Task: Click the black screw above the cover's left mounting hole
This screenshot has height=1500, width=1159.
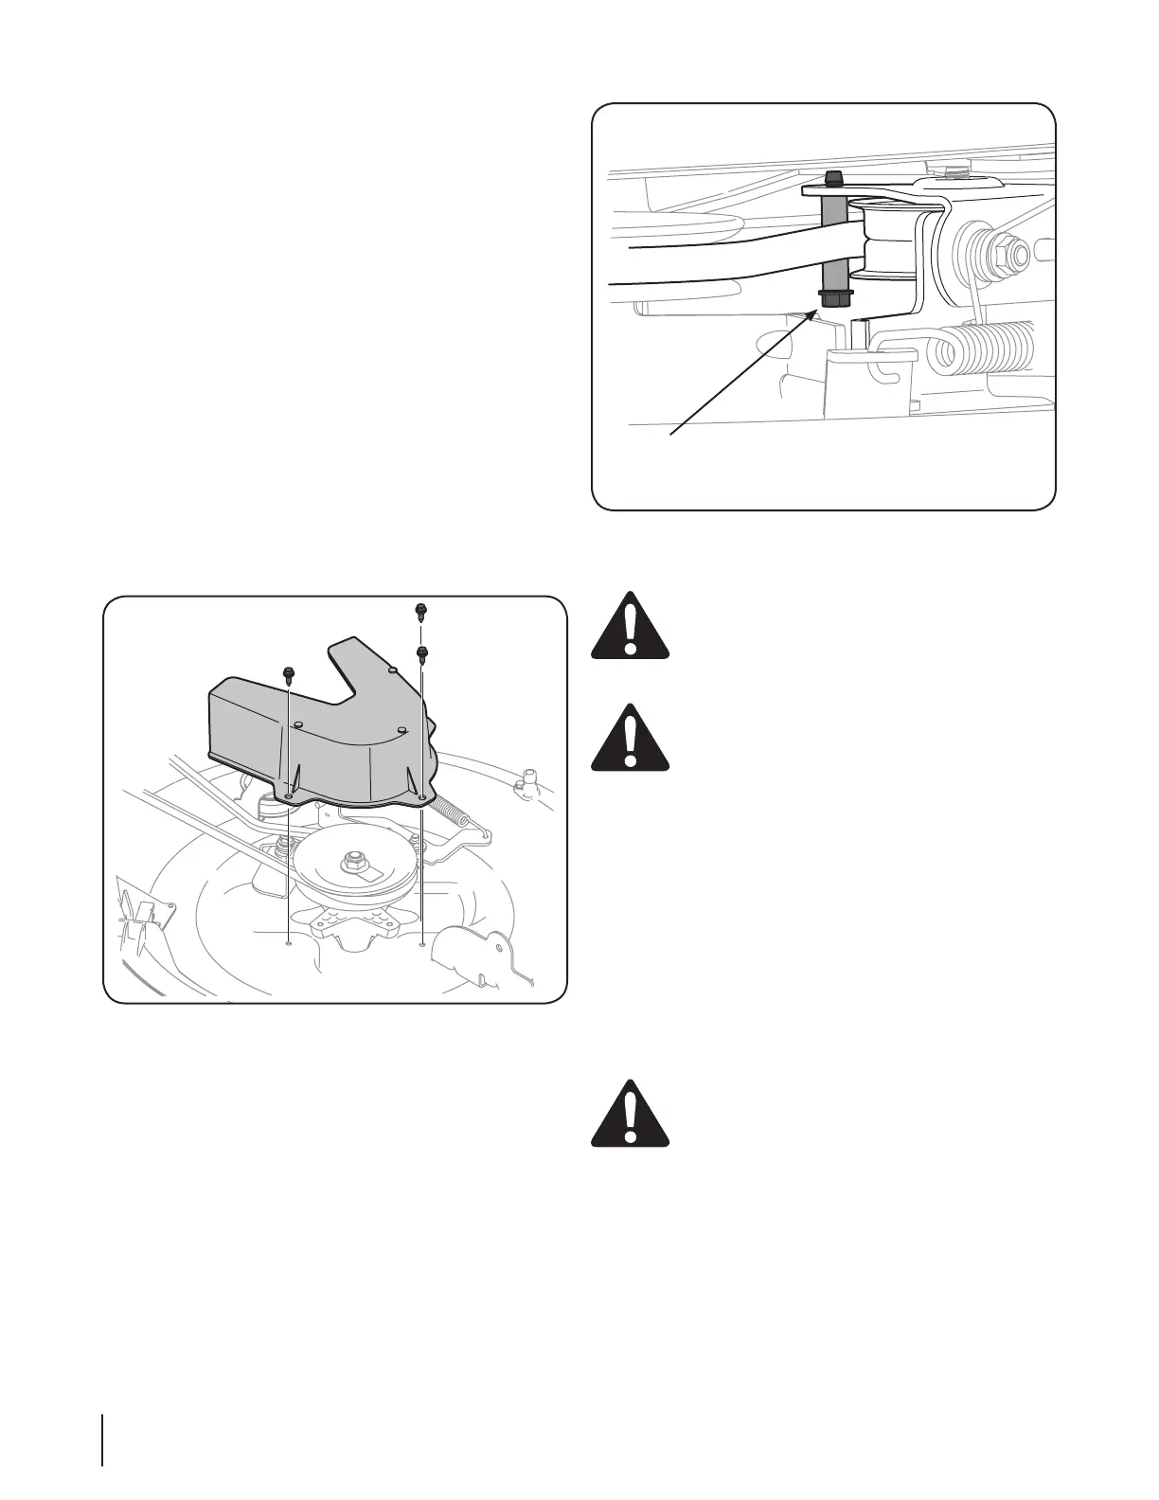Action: [x=288, y=673]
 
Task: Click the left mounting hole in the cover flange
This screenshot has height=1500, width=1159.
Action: [x=288, y=797]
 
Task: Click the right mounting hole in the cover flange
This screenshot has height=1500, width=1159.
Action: [x=420, y=797]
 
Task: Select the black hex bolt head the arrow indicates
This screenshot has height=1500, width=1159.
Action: [x=833, y=298]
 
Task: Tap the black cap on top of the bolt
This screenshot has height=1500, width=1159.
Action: [x=833, y=177]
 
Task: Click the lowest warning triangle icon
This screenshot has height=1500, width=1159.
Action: [x=630, y=1116]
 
